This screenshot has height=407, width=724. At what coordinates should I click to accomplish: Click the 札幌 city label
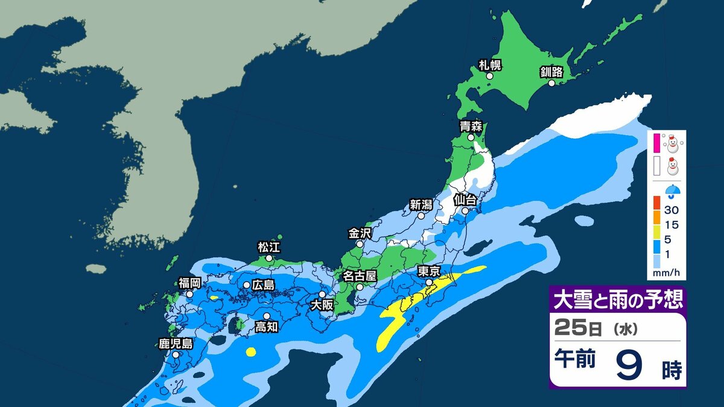point(490,65)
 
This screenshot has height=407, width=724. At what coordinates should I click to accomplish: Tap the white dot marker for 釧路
point(551,84)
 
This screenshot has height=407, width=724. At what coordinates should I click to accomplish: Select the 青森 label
point(470,127)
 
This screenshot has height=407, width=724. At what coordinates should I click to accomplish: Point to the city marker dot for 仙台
point(465,211)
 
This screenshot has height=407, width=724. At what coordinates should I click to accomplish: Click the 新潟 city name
point(421,204)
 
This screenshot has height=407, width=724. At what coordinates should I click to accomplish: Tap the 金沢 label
point(360,233)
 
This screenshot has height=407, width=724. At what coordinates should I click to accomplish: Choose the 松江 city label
point(269,247)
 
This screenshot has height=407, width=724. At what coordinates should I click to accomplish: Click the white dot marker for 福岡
point(189,294)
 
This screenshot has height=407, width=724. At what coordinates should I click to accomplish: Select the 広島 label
point(263,285)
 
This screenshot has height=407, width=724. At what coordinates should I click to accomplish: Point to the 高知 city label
point(266,327)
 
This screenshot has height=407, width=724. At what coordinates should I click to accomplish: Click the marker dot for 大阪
point(322,294)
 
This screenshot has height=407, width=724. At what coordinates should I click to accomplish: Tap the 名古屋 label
point(360,276)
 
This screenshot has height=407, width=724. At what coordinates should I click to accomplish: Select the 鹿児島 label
point(176,344)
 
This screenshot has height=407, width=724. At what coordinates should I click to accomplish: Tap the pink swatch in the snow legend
point(656,142)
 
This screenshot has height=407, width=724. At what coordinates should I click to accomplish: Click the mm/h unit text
point(666,273)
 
